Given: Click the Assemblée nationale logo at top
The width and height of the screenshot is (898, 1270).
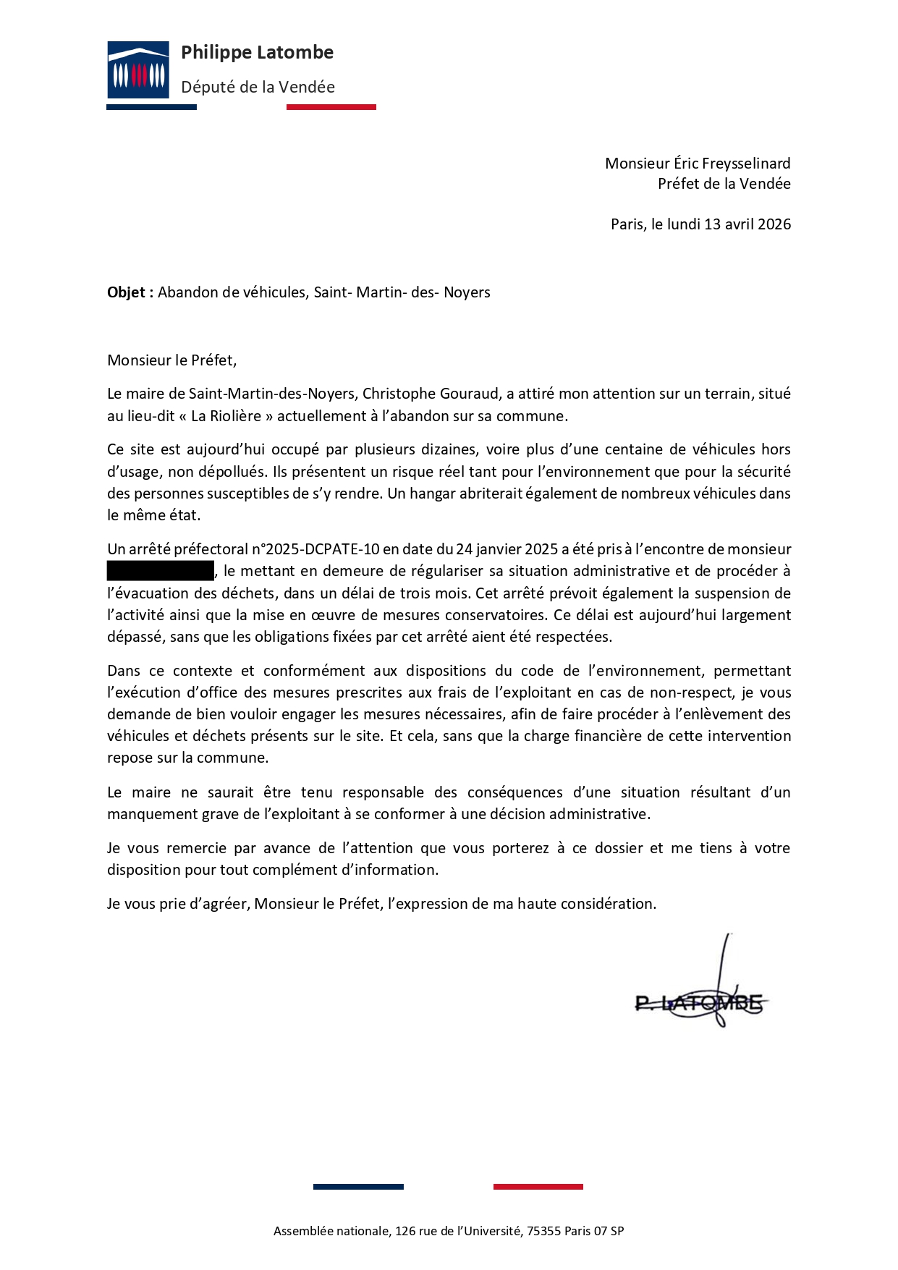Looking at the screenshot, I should tap(138, 69).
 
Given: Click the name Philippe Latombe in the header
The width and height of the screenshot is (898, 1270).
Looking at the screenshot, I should tap(257, 53).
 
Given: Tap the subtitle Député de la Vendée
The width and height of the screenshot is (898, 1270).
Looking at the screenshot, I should tap(258, 88).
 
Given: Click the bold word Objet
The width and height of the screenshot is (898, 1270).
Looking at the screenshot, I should tap(127, 292).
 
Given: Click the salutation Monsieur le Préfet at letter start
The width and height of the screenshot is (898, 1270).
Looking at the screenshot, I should tap(171, 360).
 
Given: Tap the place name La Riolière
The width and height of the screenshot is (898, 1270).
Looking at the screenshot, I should tap(226, 416).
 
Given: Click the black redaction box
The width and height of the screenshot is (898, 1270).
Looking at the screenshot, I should tap(161, 571).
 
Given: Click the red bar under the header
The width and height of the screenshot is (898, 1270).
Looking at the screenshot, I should tap(331, 107).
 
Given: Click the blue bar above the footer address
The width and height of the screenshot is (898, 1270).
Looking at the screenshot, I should tap(358, 1187).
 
